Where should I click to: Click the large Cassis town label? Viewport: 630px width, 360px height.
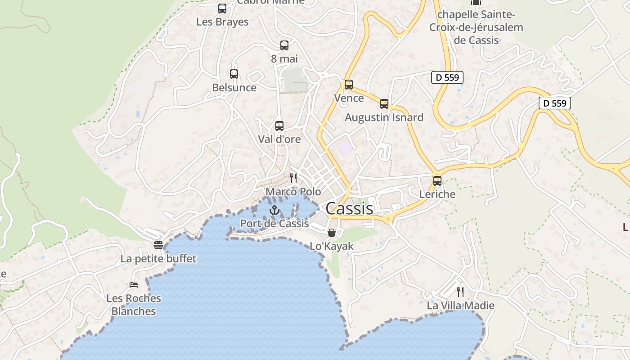[x=349, y=208]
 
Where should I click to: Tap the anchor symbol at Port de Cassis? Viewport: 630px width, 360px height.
[x=274, y=210]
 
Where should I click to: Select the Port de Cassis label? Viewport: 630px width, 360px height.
[x=274, y=223]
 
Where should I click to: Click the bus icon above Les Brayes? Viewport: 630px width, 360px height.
[x=222, y=9]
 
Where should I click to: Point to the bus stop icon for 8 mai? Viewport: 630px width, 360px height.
[x=284, y=45]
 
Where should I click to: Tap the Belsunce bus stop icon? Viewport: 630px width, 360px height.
[x=234, y=74]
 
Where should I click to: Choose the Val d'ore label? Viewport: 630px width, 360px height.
[x=279, y=139]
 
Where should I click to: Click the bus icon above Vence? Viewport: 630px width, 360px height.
[x=349, y=85]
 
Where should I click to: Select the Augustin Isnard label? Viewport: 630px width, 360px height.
[x=384, y=117]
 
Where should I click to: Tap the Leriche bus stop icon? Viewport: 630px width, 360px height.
[x=437, y=181]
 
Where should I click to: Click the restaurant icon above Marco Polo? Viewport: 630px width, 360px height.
[x=293, y=178]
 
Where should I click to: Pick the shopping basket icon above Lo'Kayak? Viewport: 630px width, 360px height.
[x=332, y=233]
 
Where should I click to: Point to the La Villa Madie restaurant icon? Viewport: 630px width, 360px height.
[x=460, y=292]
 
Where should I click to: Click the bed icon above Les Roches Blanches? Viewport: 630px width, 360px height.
[x=134, y=284]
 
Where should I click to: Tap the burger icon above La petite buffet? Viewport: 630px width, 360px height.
[x=158, y=245]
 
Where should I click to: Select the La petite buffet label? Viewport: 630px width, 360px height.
[x=158, y=259]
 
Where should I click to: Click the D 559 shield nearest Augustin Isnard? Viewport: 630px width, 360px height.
[x=447, y=77]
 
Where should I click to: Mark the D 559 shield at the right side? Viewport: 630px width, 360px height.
[x=555, y=103]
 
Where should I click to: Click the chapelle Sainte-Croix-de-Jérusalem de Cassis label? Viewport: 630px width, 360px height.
[x=476, y=27]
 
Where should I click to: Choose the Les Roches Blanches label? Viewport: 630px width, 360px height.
[x=134, y=305]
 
